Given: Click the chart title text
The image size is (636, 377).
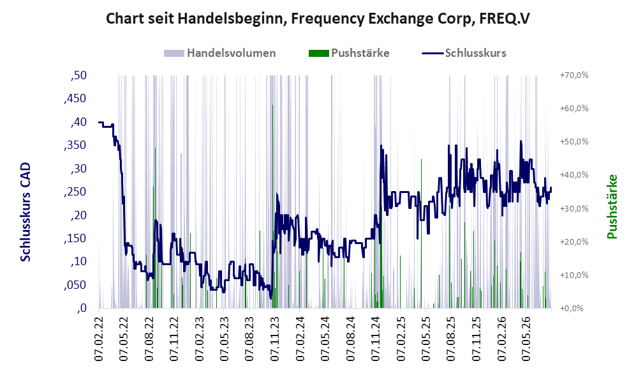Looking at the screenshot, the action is tap(318, 19).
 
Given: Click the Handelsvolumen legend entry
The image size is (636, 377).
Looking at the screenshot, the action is tap(219, 53).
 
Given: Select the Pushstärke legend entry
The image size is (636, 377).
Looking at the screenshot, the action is tap(349, 53).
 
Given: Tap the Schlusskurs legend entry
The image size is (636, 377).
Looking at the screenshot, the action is tap(464, 53).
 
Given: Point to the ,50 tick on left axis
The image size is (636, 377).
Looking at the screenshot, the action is tap(78, 75).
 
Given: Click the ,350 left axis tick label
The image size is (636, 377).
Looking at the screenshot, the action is tap(75, 145).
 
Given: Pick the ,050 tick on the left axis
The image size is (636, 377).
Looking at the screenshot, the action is tap(75, 285).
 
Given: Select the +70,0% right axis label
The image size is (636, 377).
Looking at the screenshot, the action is tap(574, 75).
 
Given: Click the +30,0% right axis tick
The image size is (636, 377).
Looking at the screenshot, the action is tap(574, 208).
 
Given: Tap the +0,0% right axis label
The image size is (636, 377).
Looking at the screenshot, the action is tap(572, 309).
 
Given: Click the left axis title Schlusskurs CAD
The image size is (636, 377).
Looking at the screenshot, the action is tap(26, 212).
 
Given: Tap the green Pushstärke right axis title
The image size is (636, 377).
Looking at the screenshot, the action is tap(612, 206).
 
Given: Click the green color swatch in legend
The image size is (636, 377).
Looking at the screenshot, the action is tap(319, 53).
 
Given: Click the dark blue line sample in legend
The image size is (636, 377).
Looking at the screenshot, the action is tap(433, 53).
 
